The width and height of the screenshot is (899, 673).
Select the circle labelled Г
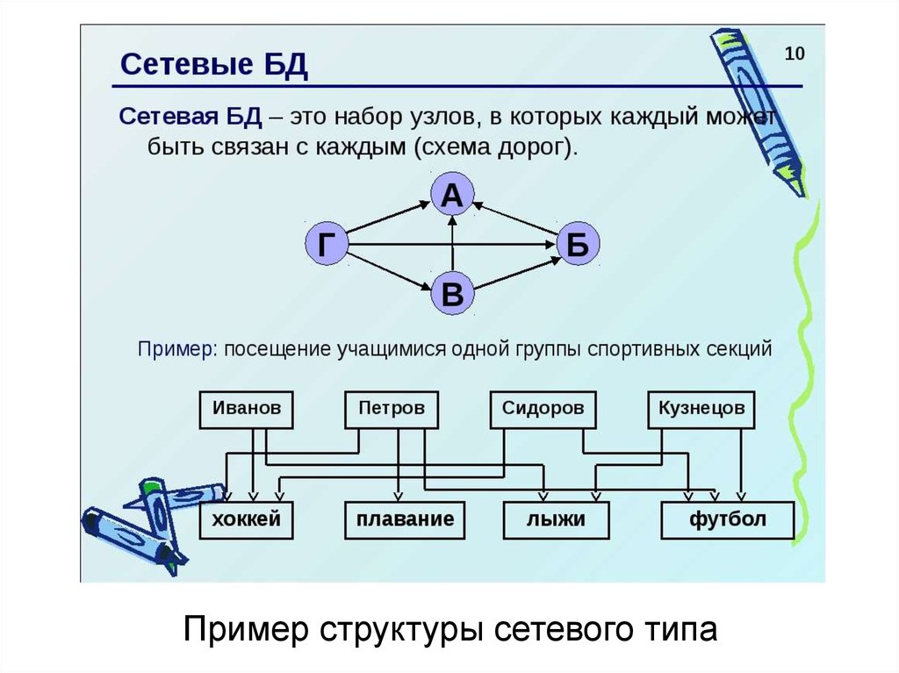click(327, 246)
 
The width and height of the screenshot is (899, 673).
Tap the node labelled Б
click(577, 246)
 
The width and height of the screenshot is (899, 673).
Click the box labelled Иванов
click(247, 409)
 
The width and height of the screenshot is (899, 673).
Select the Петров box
click(392, 409)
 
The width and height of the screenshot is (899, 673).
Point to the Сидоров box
click(543, 409)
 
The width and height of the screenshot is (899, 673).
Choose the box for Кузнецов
click(701, 409)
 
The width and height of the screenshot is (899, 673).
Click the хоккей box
click(247, 519)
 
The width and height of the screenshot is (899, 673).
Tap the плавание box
click(405, 519)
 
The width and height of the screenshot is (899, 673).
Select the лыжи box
click(556, 519)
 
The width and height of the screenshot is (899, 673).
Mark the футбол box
click(727, 519)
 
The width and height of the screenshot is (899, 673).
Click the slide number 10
click(794, 54)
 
